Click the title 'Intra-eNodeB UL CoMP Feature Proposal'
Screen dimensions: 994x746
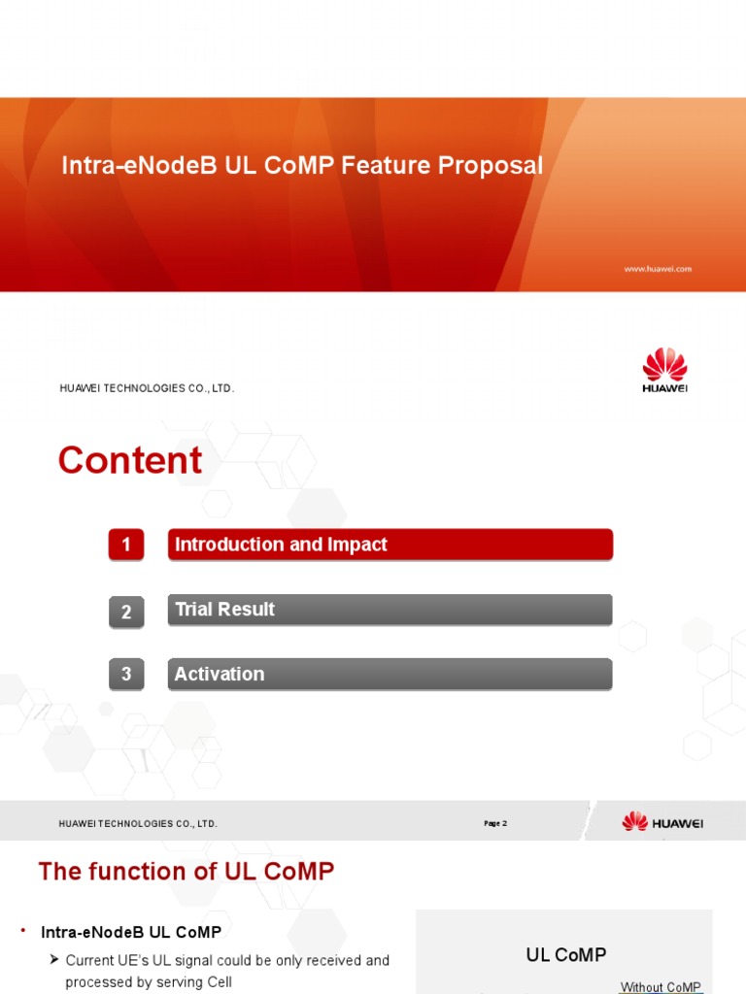(302, 166)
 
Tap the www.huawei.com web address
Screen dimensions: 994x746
(658, 269)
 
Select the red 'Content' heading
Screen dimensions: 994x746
(130, 460)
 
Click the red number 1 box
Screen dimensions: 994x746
(126, 546)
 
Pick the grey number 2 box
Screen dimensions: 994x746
(126, 612)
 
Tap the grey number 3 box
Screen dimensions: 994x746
(126, 674)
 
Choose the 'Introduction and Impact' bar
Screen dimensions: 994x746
(390, 545)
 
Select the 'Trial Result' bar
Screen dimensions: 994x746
(390, 610)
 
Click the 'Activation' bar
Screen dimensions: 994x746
(390, 674)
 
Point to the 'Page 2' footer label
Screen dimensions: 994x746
(495, 823)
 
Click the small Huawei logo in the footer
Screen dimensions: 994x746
(662, 822)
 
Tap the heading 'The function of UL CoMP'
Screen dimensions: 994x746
(186, 872)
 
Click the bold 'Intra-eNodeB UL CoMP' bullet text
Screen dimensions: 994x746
(131, 933)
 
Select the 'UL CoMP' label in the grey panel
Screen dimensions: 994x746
(566, 955)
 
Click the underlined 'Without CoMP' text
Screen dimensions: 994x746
(661, 987)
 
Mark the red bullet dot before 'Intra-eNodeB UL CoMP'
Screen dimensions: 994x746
(22, 931)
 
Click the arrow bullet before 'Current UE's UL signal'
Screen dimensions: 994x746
(55, 960)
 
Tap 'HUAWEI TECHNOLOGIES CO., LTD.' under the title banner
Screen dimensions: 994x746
(148, 388)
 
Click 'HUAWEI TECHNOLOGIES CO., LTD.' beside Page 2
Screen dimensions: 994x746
(138, 823)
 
